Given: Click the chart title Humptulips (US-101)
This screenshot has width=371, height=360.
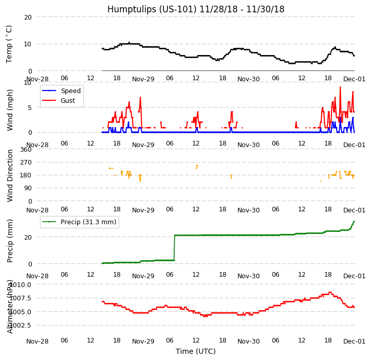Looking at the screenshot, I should pos(195,9).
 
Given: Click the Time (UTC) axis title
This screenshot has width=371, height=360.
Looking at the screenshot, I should pos(195,351).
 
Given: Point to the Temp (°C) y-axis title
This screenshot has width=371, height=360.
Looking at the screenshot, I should pos(9,44).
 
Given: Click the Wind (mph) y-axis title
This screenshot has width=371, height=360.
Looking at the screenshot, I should pos(10,110).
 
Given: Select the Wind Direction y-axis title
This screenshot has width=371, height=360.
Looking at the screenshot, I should pos(10,175).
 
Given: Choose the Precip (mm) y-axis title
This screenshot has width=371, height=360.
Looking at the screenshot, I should pos(10,241).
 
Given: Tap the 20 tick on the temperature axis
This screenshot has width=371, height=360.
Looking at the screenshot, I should pos(28,17).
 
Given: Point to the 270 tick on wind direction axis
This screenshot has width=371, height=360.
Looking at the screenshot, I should pos(25,162).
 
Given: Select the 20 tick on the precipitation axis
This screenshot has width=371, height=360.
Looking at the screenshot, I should pos(28,237).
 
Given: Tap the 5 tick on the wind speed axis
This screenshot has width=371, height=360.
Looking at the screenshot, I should pos(29,107).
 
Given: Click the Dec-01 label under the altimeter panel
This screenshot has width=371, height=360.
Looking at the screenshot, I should pos(355,341).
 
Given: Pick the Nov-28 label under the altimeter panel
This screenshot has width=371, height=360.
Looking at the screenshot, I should pos(37,341).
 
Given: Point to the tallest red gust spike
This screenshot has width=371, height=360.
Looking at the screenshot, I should pos(340,87).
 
